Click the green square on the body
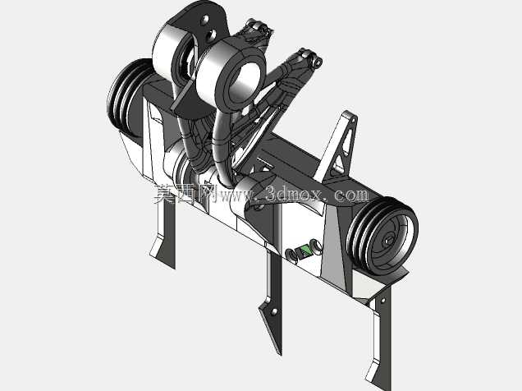(304, 251)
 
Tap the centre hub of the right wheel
(388, 240)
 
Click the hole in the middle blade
(274, 312)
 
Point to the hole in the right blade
(382, 301)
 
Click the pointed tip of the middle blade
(279, 353)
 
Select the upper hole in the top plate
(205, 20)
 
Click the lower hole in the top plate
(210, 34)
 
